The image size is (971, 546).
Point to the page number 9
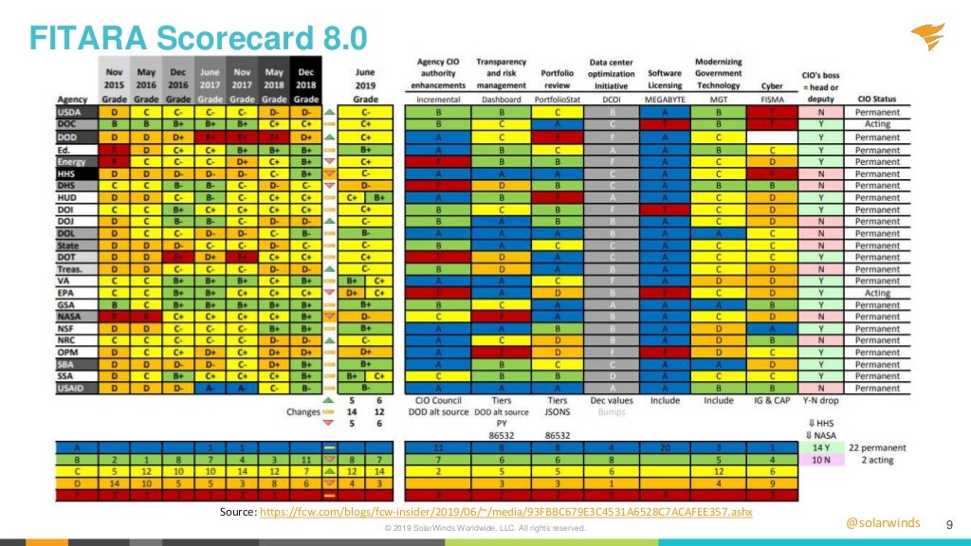pyautogui.click(x=950, y=524)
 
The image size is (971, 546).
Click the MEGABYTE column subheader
pyautogui.click(x=664, y=98)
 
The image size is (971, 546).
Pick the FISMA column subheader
pyautogui.click(x=773, y=98)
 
